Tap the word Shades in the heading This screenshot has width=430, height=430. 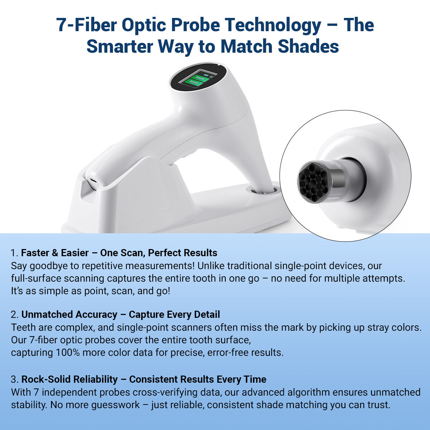[x=309, y=47]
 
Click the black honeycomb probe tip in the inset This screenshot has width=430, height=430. [x=314, y=182]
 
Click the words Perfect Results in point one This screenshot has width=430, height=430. [x=182, y=253]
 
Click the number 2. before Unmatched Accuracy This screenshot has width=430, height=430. [x=15, y=315]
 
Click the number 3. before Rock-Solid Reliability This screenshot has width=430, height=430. [x=15, y=379]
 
